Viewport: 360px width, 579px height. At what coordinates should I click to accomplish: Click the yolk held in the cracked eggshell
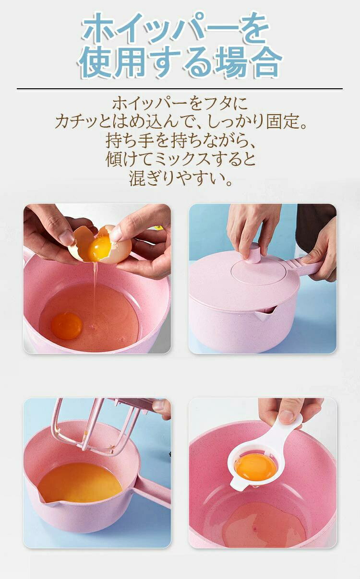click(99, 249)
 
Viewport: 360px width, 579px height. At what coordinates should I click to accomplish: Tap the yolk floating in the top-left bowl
click(67, 325)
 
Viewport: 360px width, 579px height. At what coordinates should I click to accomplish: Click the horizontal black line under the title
click(180, 89)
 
